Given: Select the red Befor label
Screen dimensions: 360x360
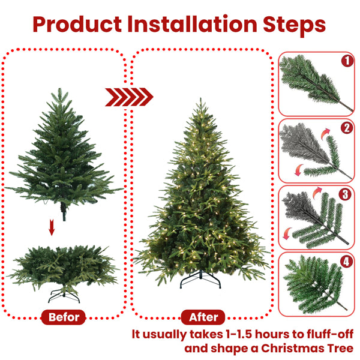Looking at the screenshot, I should (64, 317).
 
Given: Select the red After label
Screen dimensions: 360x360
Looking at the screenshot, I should (203, 317).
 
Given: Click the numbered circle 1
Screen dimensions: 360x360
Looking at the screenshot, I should (346, 61).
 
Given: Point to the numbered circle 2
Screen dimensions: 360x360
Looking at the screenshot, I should (346, 128).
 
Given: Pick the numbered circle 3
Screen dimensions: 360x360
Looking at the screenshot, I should (346, 194).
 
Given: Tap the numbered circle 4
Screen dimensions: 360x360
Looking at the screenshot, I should (346, 262).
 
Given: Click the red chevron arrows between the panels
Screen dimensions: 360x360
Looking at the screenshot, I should (129, 97).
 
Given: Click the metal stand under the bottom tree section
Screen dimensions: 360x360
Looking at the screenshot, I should (63, 295).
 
